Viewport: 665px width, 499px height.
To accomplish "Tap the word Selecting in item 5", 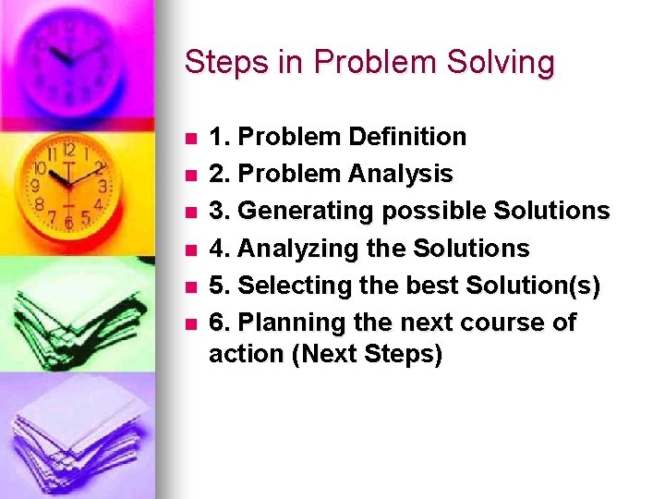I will coord(291,286).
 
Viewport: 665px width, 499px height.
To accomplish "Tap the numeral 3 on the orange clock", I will coord(103,186).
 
